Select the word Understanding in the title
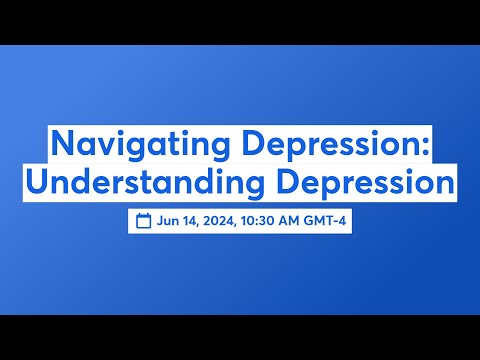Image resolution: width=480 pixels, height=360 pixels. (x=140, y=184)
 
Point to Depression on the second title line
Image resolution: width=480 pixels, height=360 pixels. (x=358, y=184)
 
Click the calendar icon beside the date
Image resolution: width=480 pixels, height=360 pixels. (x=143, y=221)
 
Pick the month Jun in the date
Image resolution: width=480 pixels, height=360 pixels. (x=167, y=221)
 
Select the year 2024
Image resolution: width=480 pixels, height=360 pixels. (x=221, y=221)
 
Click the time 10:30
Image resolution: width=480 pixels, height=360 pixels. (x=262, y=221)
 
